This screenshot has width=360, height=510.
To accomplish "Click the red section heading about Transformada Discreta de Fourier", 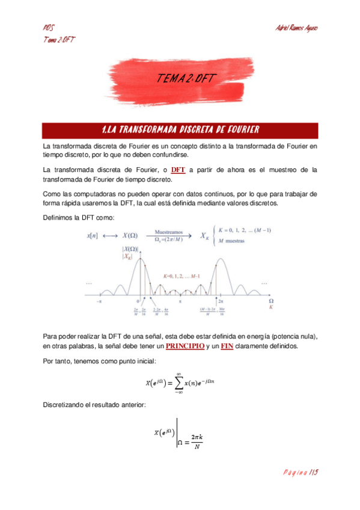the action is pos(180,129).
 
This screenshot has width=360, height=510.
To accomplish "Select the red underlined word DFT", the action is pos(178,170).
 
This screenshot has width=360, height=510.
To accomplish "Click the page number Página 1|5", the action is pos(300,473).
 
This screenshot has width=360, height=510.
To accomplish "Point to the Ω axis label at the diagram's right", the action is pos(270,300).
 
